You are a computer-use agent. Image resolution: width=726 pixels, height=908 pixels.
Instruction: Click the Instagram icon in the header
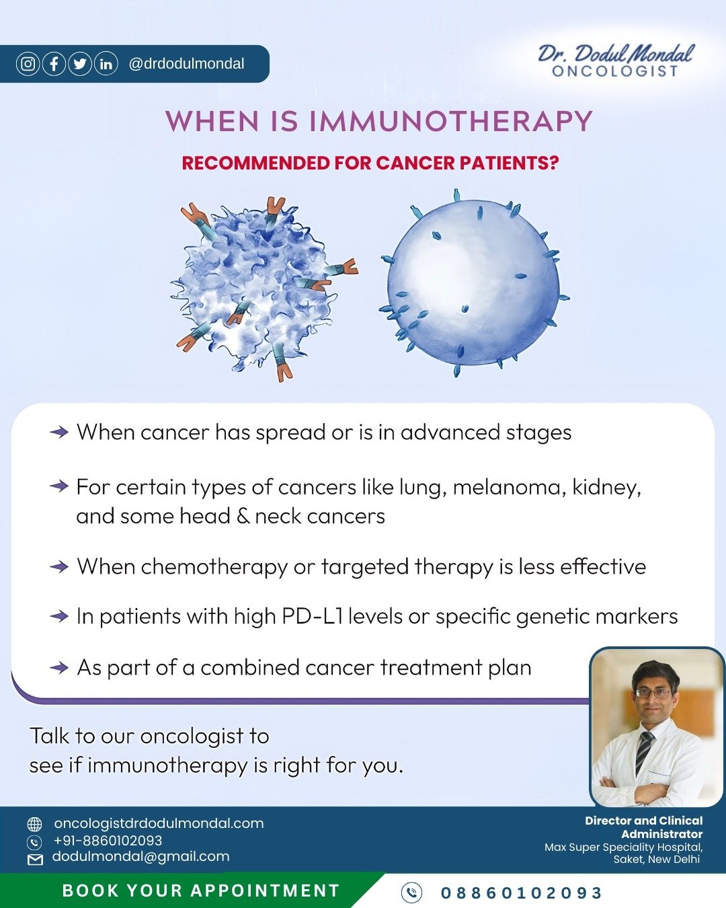pyautogui.click(x=28, y=64)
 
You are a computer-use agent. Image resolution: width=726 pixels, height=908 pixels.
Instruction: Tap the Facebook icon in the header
pyautogui.click(x=54, y=64)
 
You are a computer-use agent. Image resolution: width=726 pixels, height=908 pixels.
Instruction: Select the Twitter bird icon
pyautogui.click(x=80, y=64)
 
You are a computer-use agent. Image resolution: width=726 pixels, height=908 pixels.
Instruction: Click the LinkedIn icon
pyautogui.click(x=106, y=64)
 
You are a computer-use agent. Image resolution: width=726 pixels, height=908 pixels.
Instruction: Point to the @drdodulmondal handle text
pyautogui.click(x=186, y=64)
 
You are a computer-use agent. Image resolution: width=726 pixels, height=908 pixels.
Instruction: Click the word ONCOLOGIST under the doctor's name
pyautogui.click(x=615, y=71)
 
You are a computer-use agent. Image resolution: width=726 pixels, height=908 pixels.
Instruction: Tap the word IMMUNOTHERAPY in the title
pyautogui.click(x=451, y=121)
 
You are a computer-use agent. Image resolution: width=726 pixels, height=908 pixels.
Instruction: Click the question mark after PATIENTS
pyautogui.click(x=555, y=163)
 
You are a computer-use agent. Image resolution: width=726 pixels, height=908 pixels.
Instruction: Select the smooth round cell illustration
pyautogui.click(x=474, y=284)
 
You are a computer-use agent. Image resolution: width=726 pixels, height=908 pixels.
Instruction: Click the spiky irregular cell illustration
pyautogui.click(x=264, y=289)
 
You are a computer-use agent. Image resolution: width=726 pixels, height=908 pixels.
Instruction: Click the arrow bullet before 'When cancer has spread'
pyautogui.click(x=59, y=432)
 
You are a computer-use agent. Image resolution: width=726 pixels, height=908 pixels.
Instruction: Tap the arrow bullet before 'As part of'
pyautogui.click(x=59, y=667)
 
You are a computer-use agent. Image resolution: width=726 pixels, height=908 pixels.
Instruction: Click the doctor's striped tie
pyautogui.click(x=644, y=753)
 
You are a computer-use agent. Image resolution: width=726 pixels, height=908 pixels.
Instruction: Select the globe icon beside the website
pyautogui.click(x=34, y=824)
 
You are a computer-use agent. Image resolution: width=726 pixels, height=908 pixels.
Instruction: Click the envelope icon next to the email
pyautogui.click(x=35, y=860)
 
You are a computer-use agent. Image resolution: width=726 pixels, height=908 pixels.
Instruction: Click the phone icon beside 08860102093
pyautogui.click(x=411, y=893)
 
